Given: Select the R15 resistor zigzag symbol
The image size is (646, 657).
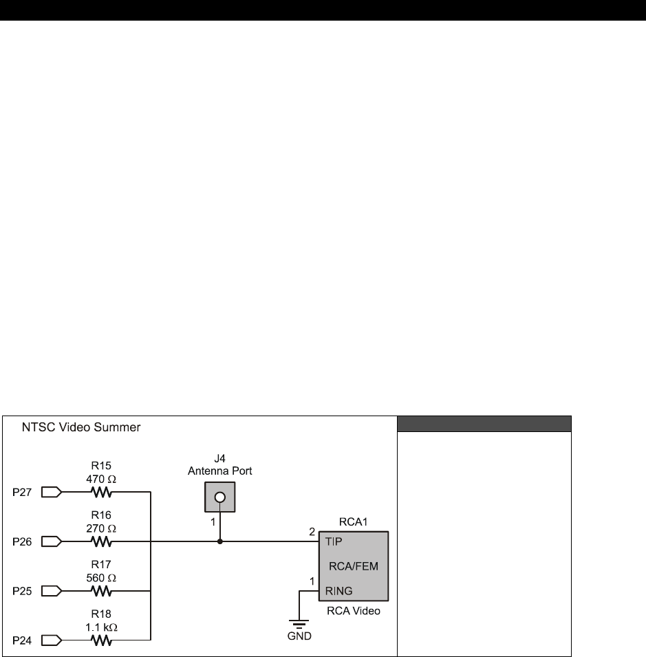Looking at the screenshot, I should click(101, 492).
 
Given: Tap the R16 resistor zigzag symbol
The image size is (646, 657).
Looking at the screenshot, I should click(101, 541).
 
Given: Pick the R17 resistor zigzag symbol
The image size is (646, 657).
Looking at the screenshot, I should click(101, 591).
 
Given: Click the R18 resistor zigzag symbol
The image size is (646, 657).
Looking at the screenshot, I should click(101, 640).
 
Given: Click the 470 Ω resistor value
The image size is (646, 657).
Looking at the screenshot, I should click(101, 477).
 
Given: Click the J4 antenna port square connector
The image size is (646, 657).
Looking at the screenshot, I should click(219, 497).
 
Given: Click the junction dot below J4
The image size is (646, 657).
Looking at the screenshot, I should click(219, 541).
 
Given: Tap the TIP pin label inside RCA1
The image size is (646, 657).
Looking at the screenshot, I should click(334, 541).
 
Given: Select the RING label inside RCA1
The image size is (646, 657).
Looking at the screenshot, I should click(339, 590).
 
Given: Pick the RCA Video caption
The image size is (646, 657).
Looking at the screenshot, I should click(353, 611).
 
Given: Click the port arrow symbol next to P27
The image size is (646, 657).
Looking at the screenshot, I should click(52, 492).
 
